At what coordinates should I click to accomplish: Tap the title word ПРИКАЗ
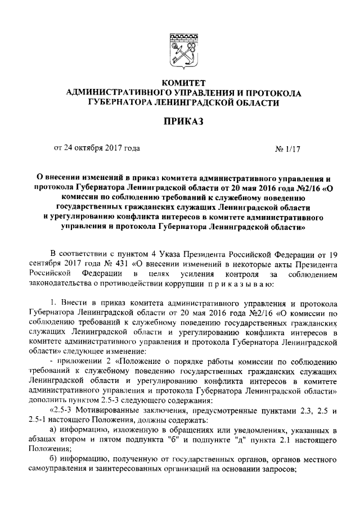(x=179, y=121)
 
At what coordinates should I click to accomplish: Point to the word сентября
(x=48, y=264)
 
